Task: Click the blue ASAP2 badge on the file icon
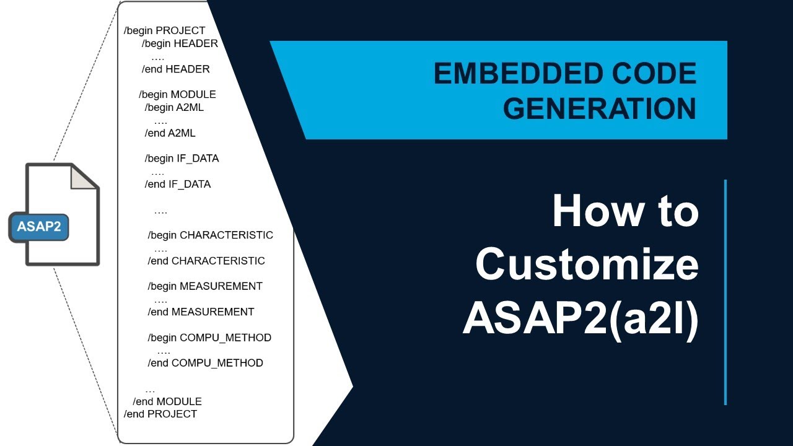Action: point(38,227)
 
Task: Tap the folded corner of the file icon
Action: point(84,177)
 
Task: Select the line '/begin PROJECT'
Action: point(165,30)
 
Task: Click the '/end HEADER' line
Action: point(176,69)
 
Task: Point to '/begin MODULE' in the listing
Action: point(177,94)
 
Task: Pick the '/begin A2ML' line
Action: point(174,107)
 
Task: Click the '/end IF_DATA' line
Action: point(178,184)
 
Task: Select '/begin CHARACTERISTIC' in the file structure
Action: point(210,235)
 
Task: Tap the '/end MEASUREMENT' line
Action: point(201,312)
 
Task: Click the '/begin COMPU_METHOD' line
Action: point(209,338)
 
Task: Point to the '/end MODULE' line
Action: point(167,401)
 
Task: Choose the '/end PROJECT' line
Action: point(160,414)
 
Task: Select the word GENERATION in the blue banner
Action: point(599,109)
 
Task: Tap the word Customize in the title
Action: point(587,265)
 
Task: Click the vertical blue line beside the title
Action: point(725,292)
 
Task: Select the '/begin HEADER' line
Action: point(180,43)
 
